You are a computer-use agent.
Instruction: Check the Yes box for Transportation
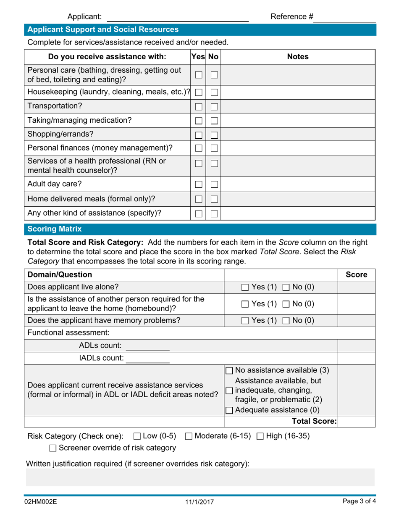pos(199,106)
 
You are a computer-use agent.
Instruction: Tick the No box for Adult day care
pos(214,184)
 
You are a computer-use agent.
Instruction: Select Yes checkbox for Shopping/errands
pos(199,135)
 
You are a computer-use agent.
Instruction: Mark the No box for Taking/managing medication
pos(214,121)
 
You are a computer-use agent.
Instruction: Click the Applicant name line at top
pos(178,17)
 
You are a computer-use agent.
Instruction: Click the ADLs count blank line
pos(147,346)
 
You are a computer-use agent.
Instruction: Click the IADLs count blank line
pos(147,358)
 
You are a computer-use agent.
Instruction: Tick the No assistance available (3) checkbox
pos(230,370)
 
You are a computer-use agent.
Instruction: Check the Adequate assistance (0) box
pos(230,410)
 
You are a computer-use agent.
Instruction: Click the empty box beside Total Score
pos(357,421)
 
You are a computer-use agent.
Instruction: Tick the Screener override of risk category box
pos(53,448)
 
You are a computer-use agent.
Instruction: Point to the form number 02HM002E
pos(40,501)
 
